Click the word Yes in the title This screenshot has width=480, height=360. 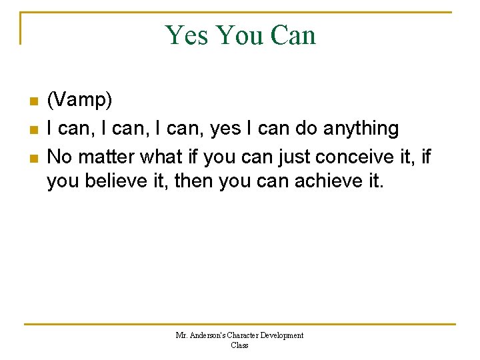188,35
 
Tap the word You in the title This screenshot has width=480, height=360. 241,35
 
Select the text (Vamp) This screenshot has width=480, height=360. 79,101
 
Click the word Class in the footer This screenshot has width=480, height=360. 239,345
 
